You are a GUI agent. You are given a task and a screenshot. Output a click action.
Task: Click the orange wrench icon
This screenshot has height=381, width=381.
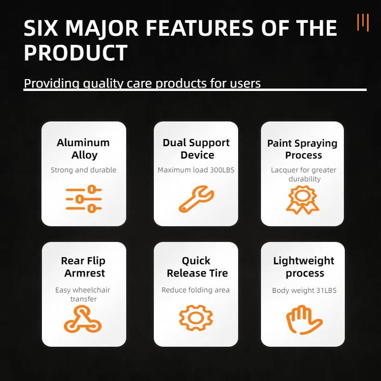coord(196,199)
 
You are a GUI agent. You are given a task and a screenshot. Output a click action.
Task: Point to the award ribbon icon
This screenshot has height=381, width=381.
coord(302,199)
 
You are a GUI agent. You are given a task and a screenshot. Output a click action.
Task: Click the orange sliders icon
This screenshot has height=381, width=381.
coord(84,199)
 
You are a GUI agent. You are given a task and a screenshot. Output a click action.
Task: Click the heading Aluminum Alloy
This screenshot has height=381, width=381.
coord(84,149)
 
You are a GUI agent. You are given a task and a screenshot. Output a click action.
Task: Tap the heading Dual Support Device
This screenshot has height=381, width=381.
coord(196,149)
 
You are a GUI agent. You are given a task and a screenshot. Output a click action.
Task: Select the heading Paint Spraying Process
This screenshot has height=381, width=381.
coord(302,149)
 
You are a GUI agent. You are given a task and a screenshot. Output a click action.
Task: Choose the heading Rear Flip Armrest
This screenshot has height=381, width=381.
coord(84,267)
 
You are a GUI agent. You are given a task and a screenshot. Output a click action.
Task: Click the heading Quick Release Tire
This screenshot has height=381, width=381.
coord(197,267)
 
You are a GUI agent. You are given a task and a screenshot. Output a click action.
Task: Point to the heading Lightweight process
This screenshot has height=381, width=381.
coord(304,267)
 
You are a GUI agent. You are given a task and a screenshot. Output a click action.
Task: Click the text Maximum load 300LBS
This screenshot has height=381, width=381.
coord(196,170)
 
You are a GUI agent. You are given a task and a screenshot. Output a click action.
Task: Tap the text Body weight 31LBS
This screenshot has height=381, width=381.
coord(304,291)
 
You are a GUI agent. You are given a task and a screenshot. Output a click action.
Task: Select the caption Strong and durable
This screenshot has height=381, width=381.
coord(84,170)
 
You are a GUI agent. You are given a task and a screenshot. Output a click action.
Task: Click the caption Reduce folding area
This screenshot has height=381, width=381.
coord(196,290)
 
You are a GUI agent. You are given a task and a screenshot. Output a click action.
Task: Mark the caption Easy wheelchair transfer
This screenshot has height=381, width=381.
coord(83,294)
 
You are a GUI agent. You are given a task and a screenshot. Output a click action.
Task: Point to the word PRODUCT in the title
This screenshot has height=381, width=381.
coord(76,53)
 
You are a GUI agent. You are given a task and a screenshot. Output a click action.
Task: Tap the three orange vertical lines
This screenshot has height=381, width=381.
coord(363,22)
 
